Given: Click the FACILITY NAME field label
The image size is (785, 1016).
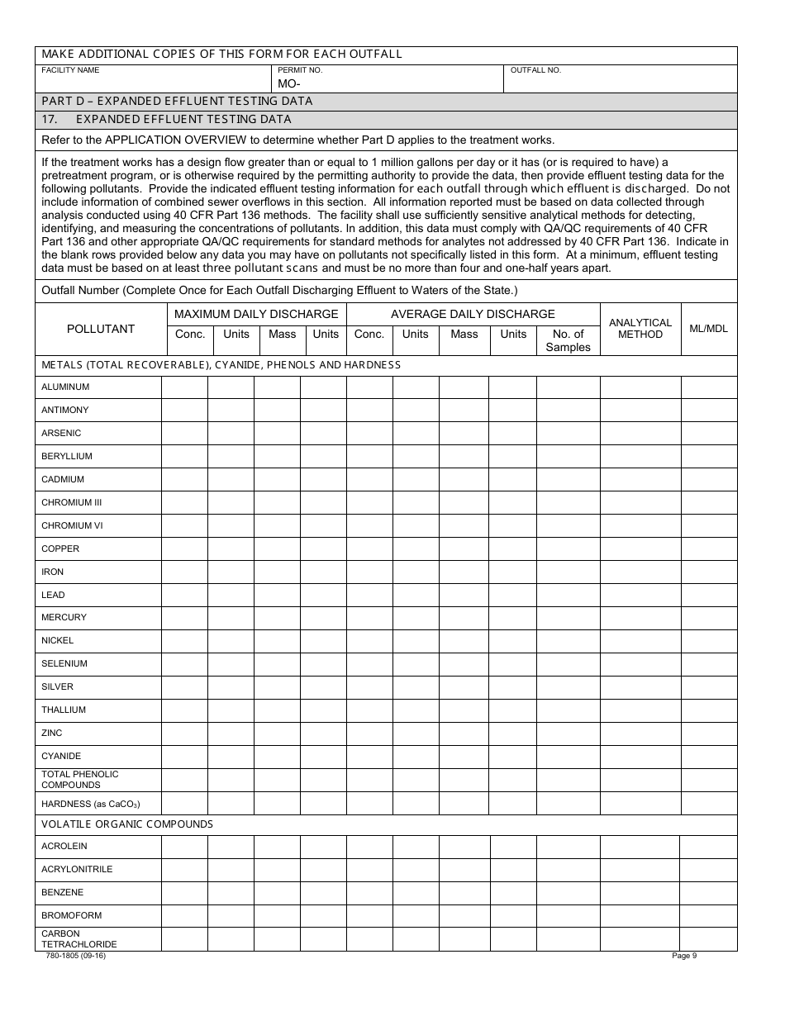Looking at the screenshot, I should [x=70, y=70].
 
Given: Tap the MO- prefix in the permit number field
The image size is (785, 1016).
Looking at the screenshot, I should [x=288, y=83].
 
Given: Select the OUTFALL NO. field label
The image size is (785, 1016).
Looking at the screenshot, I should [x=535, y=70].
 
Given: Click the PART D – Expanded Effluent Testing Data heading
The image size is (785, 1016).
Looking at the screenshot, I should [x=177, y=101].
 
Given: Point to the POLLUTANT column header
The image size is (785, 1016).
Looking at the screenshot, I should [x=100, y=329].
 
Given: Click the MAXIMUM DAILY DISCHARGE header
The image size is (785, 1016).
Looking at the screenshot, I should [x=256, y=314].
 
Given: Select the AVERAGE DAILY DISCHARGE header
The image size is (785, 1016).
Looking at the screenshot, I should [x=473, y=314].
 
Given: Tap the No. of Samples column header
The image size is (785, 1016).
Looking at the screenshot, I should [x=568, y=340].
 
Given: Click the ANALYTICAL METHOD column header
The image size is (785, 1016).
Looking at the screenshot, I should [x=640, y=329].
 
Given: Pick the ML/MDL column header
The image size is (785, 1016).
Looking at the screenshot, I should [x=709, y=329].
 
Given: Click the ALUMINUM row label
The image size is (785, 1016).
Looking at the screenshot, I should [x=65, y=387].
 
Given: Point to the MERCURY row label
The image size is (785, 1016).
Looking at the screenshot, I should [x=64, y=617].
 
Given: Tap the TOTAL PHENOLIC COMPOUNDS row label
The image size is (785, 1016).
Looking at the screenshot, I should [x=80, y=780].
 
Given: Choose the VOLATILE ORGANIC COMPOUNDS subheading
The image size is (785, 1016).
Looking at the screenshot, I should [x=127, y=824].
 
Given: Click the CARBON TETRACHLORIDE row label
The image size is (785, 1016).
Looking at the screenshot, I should [x=79, y=939].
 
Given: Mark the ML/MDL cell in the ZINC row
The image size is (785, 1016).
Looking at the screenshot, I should [x=709, y=734].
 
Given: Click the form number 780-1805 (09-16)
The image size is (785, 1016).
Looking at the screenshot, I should [x=74, y=957].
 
